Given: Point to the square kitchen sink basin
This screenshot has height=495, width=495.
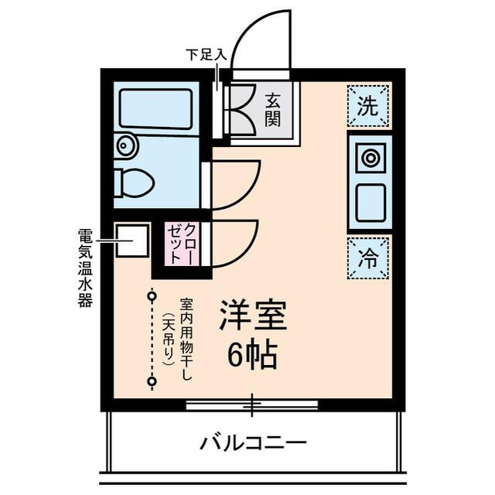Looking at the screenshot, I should coord(370,202).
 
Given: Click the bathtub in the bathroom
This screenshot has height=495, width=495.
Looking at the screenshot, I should coord(155,109).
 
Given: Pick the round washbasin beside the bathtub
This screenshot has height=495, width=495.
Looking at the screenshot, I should coord(125,145).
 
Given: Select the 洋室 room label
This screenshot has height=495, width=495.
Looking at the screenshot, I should coord(253,315).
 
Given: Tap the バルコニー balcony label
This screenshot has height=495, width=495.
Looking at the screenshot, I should coord(254,444).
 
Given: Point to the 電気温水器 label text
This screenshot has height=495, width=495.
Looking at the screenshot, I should coord(85,267).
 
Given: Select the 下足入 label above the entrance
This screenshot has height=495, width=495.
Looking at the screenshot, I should coord(205,56).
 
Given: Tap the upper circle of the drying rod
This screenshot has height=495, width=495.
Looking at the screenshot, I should coord(152,295).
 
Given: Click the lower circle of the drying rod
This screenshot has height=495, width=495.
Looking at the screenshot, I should coord(152,381).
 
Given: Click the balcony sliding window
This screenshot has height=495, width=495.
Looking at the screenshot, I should coord(252,405).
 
